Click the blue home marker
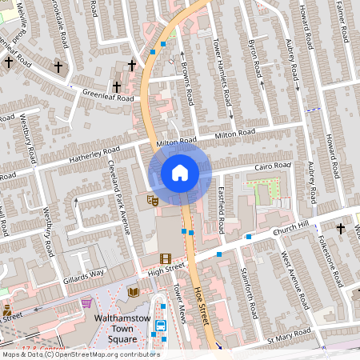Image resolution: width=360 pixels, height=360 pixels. click(180, 173)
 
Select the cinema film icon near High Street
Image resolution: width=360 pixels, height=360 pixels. click(165, 258)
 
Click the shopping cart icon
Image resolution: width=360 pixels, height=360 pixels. click(86, 303)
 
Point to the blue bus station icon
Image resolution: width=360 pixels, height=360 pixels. click(160, 326)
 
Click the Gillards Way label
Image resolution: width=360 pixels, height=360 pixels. click(84, 277)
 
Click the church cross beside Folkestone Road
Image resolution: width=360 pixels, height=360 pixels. click(340, 229)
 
